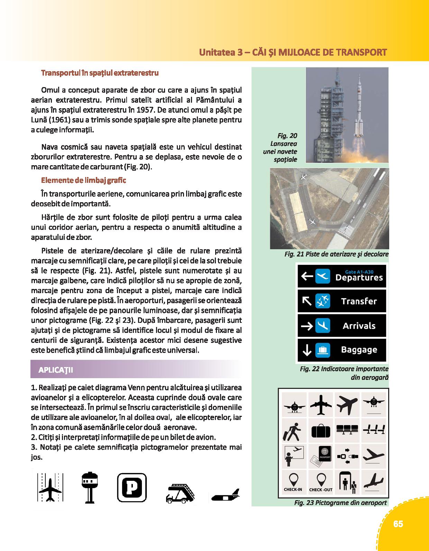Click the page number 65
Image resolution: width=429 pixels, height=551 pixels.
pos(398,524)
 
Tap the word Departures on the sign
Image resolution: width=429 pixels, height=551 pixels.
pos(359,278)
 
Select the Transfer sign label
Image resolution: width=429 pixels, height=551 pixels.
pos(359,301)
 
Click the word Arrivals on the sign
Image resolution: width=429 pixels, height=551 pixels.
pos(359,326)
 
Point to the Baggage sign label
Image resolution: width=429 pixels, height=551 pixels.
pos(359,350)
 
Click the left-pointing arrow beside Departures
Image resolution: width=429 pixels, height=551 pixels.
pos(307,276)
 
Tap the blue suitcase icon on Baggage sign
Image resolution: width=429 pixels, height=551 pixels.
pos(322,350)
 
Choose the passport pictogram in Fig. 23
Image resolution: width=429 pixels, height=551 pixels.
pos(321,457)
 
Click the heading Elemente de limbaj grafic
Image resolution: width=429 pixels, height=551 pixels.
pos(83,180)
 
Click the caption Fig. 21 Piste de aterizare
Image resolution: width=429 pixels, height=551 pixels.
pos(336,254)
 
